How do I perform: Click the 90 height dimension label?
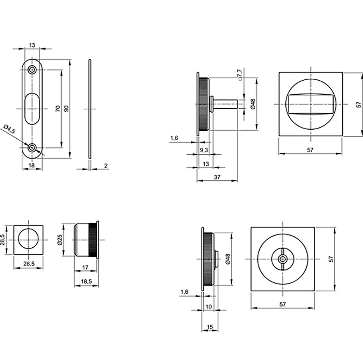click(x=66, y=109)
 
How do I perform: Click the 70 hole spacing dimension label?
click(x=58, y=109)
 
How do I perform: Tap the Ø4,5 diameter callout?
click(x=9, y=129)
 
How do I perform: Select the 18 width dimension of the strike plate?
click(x=32, y=165)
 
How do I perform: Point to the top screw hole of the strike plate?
click(x=32, y=70)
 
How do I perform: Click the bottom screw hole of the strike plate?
click(x=32, y=147)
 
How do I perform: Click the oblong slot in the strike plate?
click(x=32, y=109)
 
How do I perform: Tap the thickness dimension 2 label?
click(x=106, y=166)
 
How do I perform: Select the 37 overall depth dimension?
click(x=217, y=177)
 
